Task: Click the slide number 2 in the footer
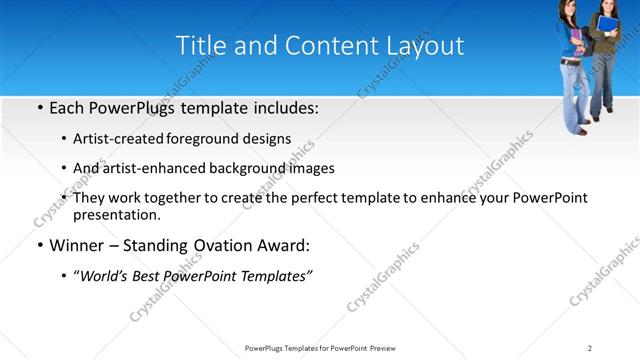[590, 348]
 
